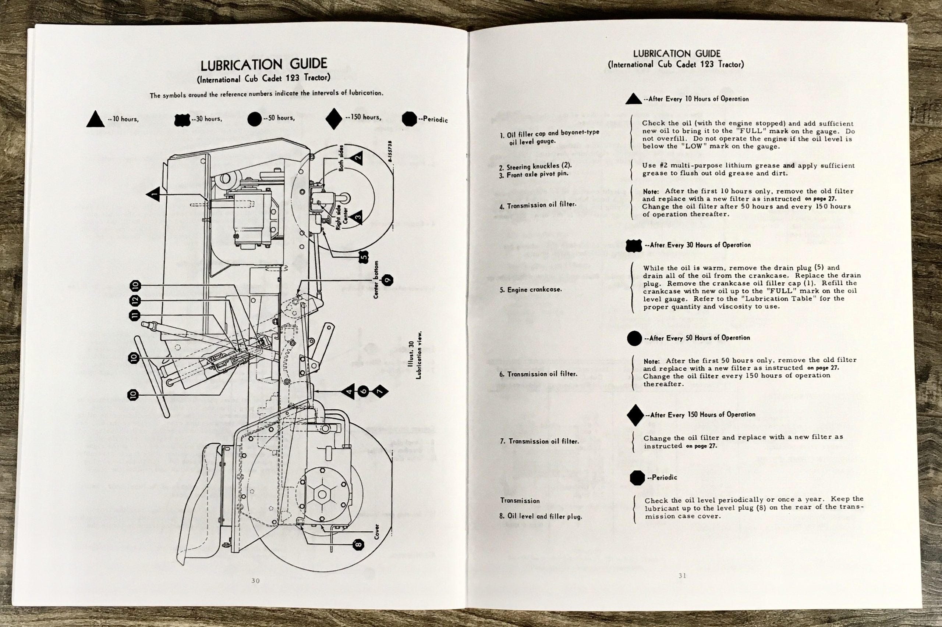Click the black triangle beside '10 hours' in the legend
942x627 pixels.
tap(95, 119)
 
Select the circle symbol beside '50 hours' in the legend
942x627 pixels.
tap(254, 119)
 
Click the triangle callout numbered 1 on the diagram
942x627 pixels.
tap(153, 195)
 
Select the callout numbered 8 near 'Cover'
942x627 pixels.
tap(358, 544)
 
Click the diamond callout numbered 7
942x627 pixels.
tap(380, 392)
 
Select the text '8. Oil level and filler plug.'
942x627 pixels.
tap(541, 516)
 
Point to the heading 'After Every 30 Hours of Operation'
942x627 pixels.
tap(700, 245)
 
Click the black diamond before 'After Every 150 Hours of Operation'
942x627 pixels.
tap(635, 415)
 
